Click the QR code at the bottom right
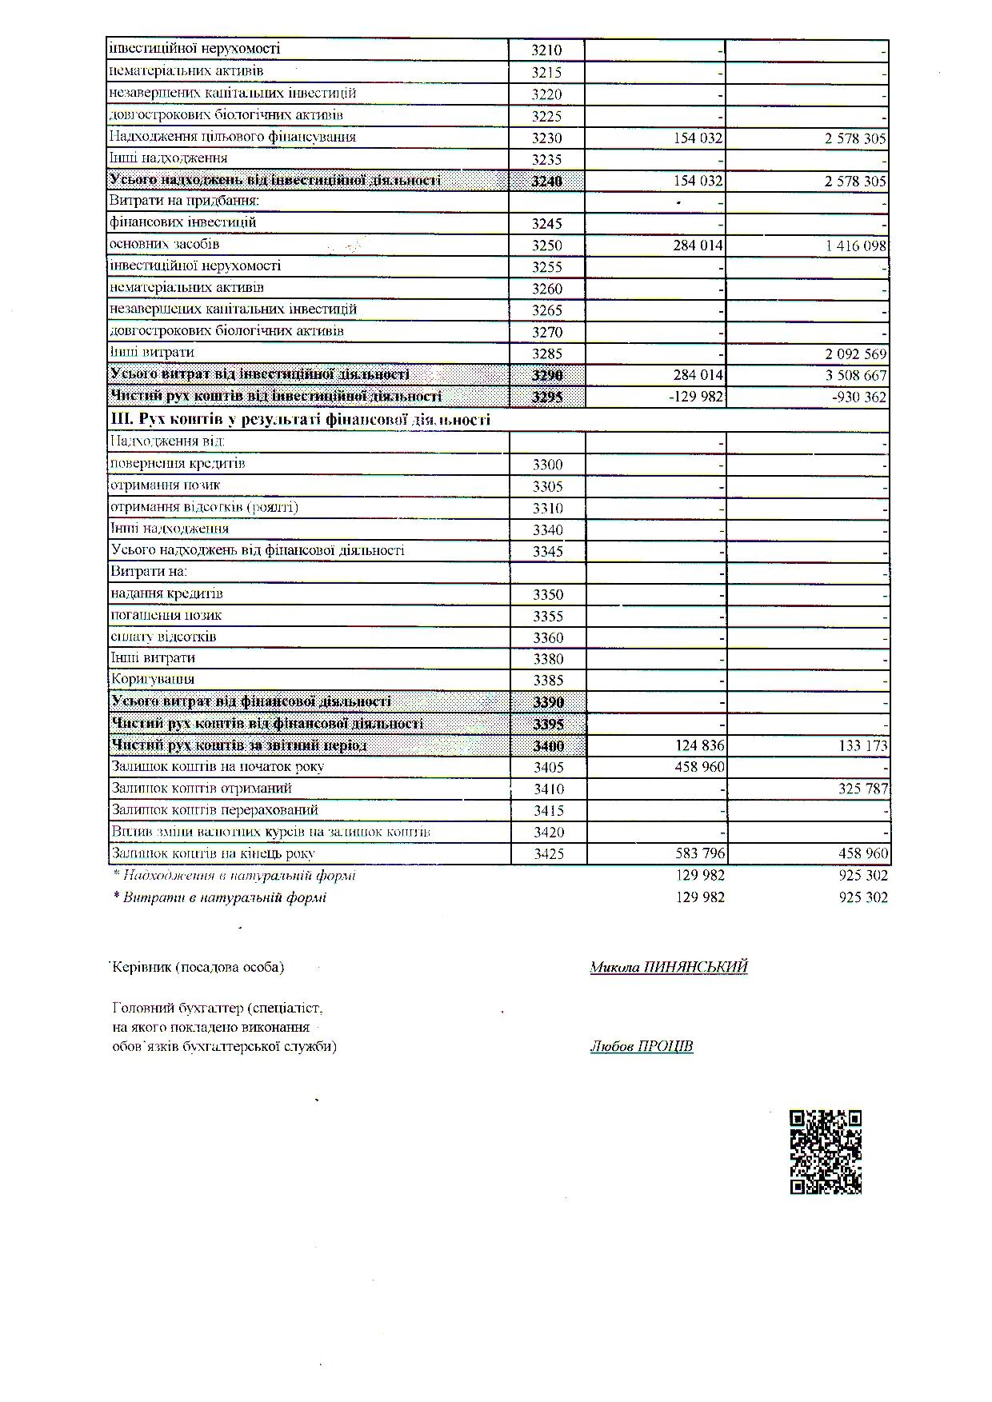click(x=826, y=1152)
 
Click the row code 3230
click(x=547, y=138)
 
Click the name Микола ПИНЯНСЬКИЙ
click(x=668, y=967)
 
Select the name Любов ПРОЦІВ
click(x=641, y=1046)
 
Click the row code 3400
click(x=548, y=746)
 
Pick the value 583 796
click(x=700, y=853)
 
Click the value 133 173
click(x=860, y=746)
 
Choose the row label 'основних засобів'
click(x=164, y=244)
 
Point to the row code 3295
click(x=548, y=397)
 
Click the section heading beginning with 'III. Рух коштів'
click(x=300, y=419)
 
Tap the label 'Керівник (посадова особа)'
click(x=198, y=967)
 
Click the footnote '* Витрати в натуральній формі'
click(x=220, y=897)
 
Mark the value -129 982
click(x=696, y=397)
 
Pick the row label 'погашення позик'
click(x=166, y=615)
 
